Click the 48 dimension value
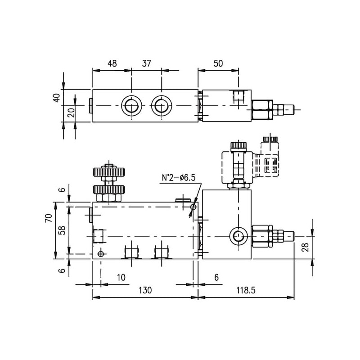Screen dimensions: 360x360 (x=112, y=63)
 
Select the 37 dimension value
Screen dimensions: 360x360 (x=147, y=63)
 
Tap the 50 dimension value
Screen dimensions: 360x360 (x=218, y=63)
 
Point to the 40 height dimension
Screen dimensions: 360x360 (x=57, y=97)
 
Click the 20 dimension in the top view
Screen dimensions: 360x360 (x=72, y=113)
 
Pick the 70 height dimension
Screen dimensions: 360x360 (x=49, y=218)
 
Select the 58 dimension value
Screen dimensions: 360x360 (x=62, y=230)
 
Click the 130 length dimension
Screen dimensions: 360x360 (x=145, y=290)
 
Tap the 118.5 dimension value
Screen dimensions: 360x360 (x=246, y=290)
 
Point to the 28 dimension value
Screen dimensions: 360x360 (x=306, y=247)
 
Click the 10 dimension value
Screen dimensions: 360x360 (x=121, y=278)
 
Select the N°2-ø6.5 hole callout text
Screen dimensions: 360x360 (x=179, y=177)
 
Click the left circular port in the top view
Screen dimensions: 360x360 (x=131, y=106)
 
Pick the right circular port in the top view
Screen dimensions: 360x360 (x=162, y=106)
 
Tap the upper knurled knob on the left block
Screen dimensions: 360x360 (x=109, y=172)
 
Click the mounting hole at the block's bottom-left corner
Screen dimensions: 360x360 (x=100, y=254)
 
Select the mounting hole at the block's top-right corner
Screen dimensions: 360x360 (x=193, y=207)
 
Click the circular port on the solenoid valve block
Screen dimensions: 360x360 (x=239, y=236)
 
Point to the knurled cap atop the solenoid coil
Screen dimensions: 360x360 (x=239, y=146)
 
